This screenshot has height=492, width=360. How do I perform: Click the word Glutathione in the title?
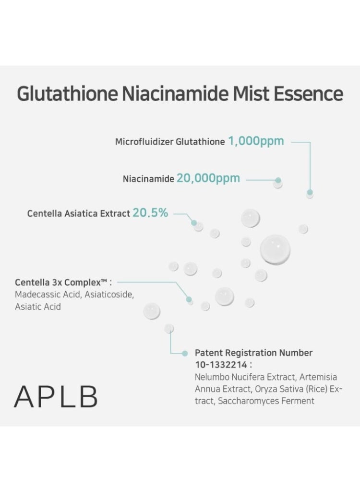point(67,93)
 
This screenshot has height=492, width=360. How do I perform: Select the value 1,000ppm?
point(256,141)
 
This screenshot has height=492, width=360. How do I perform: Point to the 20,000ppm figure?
point(208,178)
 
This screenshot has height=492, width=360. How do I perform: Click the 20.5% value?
point(150,212)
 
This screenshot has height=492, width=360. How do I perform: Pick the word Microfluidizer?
point(144,142)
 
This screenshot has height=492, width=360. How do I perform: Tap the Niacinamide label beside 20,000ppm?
point(148,179)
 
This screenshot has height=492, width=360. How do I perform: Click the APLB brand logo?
point(56,396)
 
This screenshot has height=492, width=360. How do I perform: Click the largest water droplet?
point(275,249)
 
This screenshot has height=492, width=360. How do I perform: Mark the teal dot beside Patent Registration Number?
point(185,353)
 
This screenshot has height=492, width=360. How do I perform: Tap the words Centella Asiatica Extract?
point(78,213)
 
